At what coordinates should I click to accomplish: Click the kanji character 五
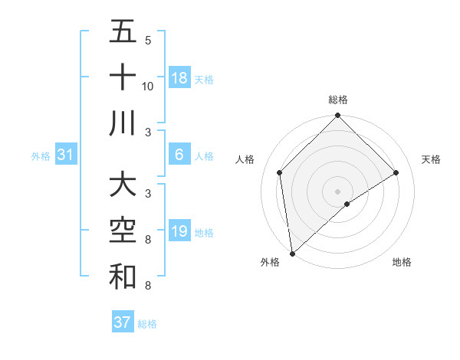[123, 33]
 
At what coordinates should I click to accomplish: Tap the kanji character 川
[123, 123]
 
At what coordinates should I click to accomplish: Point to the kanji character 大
[123, 186]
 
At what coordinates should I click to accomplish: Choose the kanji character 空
[123, 232]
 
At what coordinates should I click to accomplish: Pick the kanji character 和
[123, 278]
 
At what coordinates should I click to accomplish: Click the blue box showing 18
[179, 78]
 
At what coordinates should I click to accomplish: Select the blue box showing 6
[179, 155]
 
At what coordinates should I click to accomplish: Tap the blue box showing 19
[179, 231]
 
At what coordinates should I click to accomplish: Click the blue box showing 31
[66, 155]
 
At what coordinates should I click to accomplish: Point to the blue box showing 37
[123, 322]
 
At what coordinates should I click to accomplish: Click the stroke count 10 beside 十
[148, 86]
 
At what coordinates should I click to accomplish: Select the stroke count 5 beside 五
[148, 41]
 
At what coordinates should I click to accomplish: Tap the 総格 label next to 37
[147, 324]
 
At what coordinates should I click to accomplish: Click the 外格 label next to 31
[41, 156]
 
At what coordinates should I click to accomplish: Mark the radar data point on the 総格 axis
[337, 117]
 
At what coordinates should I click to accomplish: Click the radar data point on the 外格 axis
[292, 253]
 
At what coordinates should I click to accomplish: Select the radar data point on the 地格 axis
[347, 204]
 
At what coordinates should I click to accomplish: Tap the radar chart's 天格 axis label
[431, 159]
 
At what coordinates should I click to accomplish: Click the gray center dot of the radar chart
[337, 191]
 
